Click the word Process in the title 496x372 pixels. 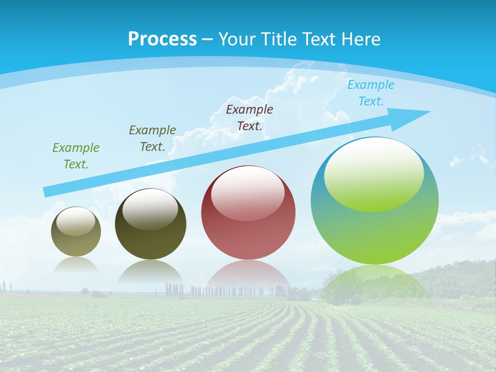coord(162,39)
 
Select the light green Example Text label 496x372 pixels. coord(76,156)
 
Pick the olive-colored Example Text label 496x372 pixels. coord(152,138)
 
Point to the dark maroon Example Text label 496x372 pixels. coord(250,117)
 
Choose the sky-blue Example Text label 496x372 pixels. coord(371,93)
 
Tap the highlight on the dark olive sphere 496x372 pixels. coord(150,209)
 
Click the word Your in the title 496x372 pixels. coord(239,39)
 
